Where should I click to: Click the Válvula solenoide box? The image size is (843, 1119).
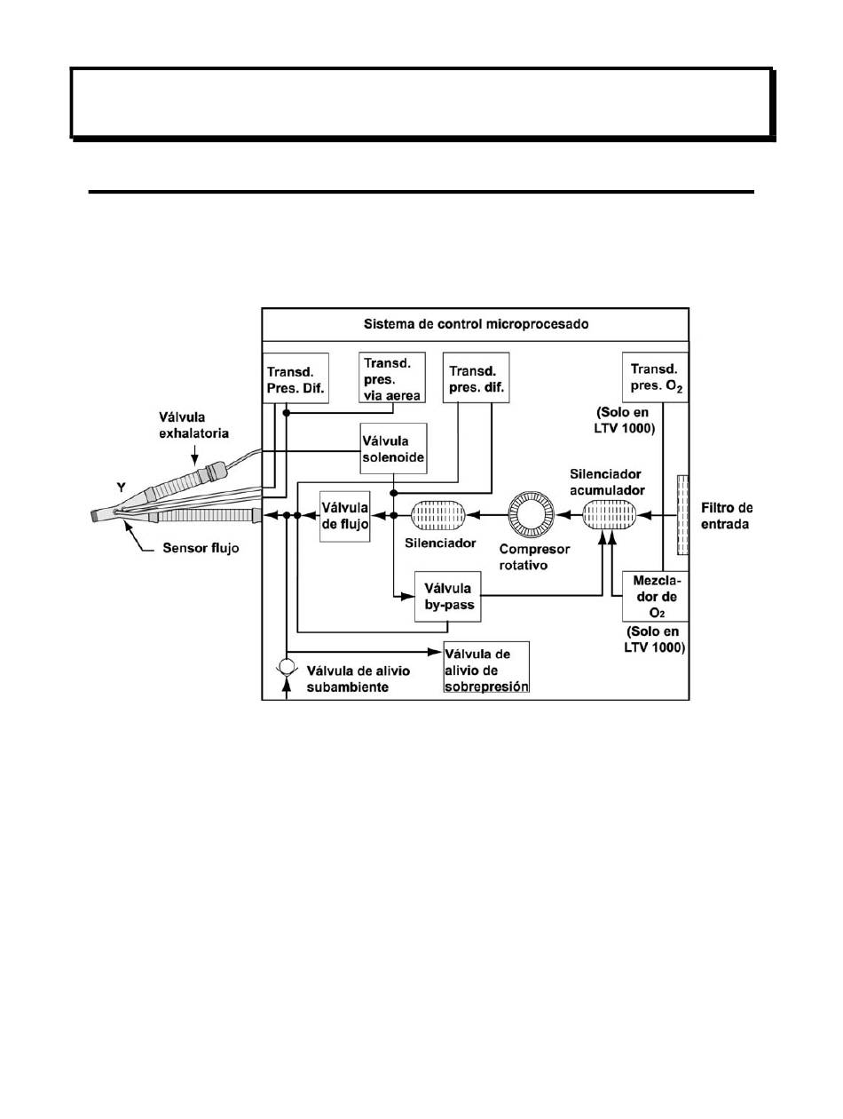tap(393, 448)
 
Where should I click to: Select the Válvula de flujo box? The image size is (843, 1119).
tap(345, 516)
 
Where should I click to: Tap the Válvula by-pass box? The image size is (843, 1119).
tap(447, 597)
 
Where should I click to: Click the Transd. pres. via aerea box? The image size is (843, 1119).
tap(391, 377)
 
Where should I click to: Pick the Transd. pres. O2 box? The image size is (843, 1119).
tap(655, 377)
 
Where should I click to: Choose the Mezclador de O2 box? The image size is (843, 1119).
tap(655, 596)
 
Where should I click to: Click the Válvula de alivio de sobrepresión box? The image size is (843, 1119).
tap(486, 667)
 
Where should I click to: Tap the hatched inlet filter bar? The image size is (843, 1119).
tap(682, 514)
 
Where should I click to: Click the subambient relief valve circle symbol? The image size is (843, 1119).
tap(287, 667)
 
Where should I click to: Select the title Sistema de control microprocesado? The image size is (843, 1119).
tap(476, 324)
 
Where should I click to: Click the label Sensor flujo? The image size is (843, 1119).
tap(201, 548)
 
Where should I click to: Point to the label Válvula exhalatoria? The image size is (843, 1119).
tap(193, 425)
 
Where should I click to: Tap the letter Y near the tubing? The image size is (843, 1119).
tap(122, 488)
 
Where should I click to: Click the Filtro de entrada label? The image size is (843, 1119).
tap(727, 516)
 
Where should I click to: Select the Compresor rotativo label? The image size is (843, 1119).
tap(534, 557)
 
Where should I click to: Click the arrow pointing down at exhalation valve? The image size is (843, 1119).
tap(194, 454)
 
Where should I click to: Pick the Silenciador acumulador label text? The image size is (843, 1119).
tap(607, 481)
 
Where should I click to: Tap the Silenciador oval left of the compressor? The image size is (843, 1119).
tap(438, 515)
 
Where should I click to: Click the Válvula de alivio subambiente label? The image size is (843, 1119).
tap(358, 679)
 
